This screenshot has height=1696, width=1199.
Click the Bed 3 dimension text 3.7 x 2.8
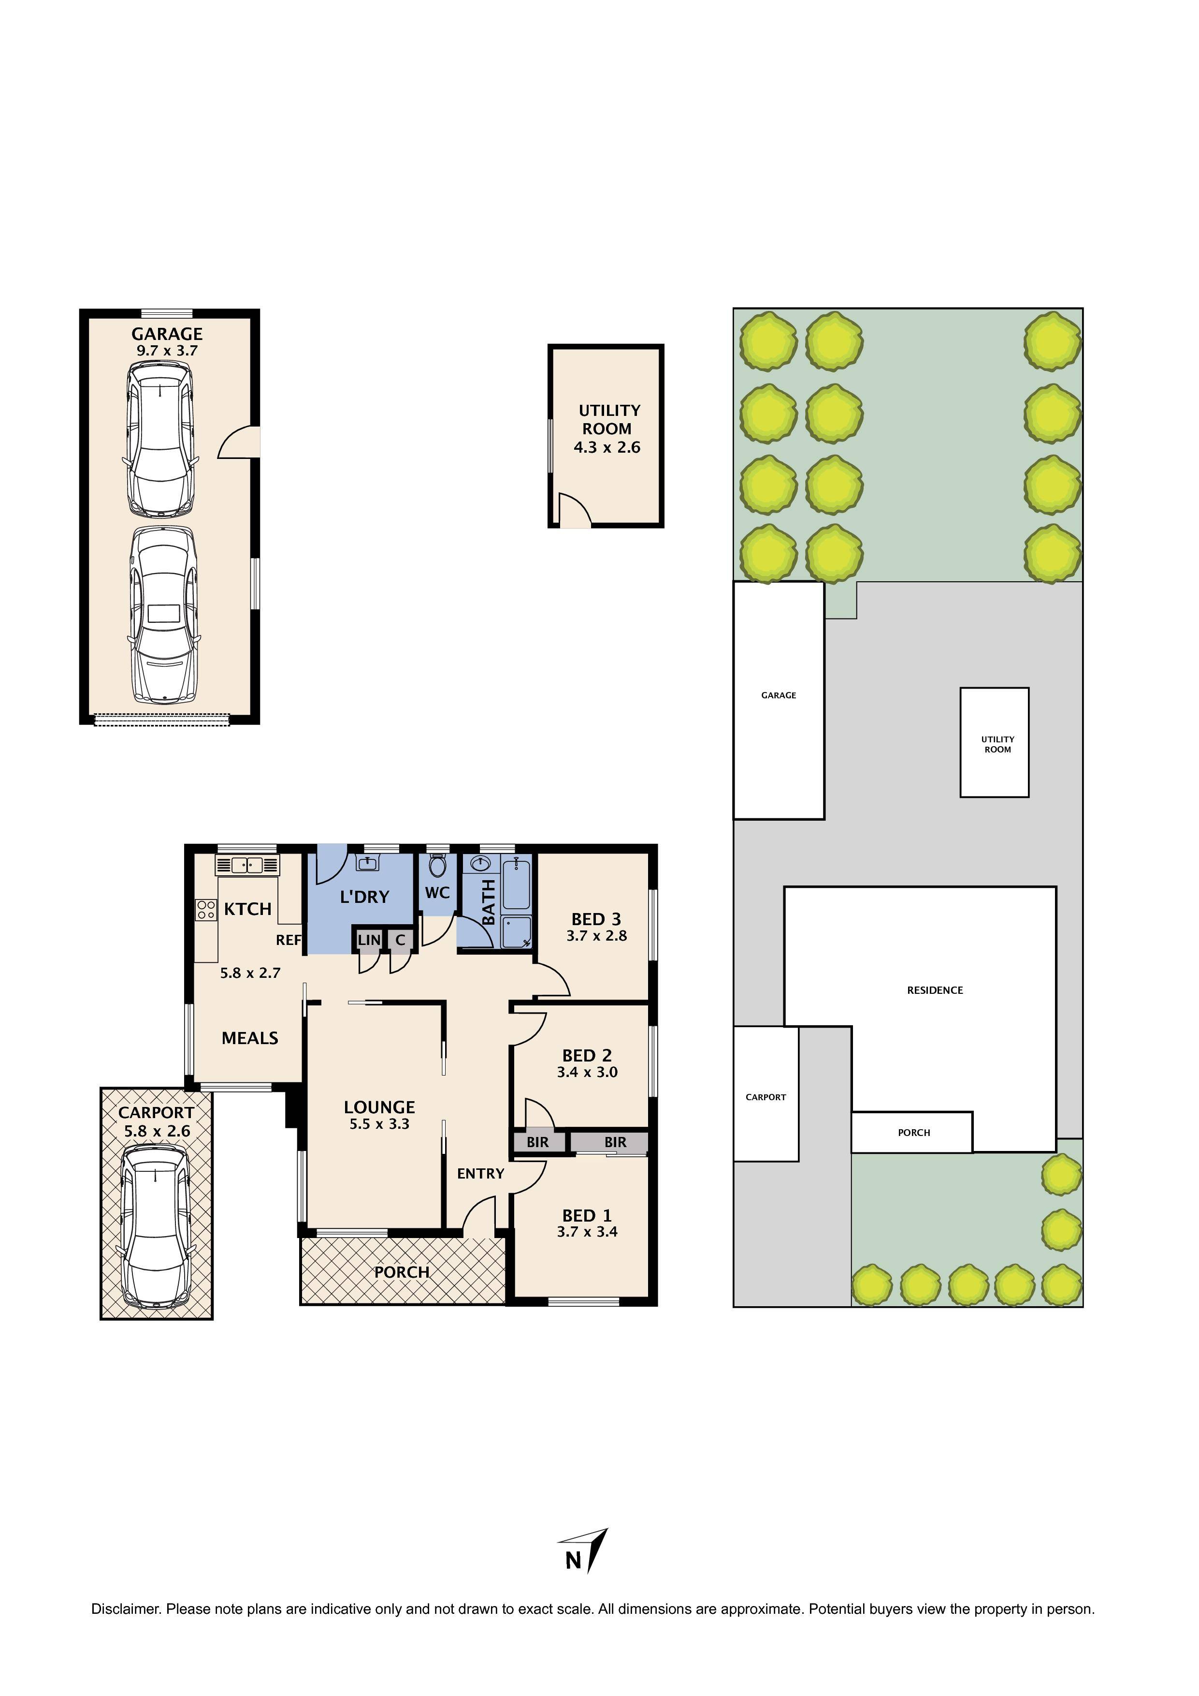(x=596, y=936)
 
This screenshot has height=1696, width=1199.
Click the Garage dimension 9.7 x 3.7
(x=167, y=351)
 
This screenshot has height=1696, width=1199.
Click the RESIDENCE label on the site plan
(x=935, y=990)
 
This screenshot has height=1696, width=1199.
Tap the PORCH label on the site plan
(x=913, y=1133)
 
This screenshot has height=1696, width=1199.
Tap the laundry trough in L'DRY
(x=367, y=863)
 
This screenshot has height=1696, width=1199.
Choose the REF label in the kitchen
(x=288, y=940)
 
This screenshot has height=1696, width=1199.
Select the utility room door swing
(x=574, y=510)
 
